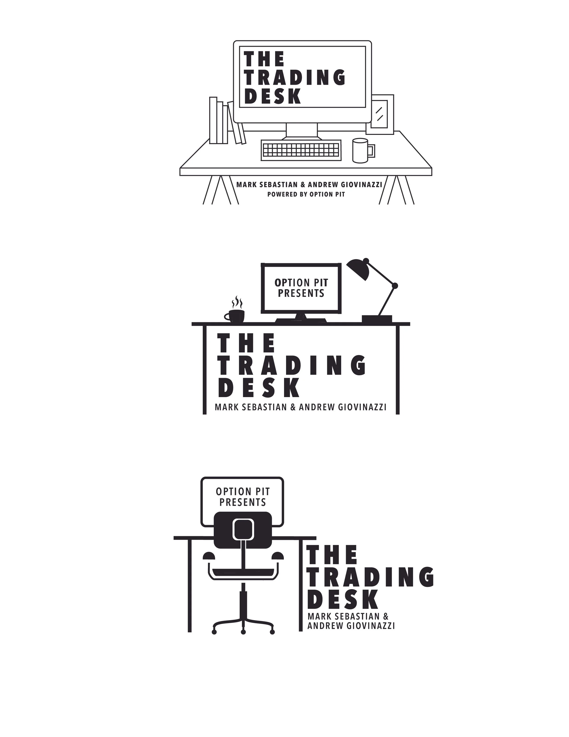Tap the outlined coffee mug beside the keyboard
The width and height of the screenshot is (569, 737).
[x=360, y=151]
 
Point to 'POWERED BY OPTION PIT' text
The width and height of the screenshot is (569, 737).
[x=306, y=195]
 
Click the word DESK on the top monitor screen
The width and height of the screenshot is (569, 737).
[x=272, y=97]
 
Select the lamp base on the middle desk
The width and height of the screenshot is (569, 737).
[x=377, y=318]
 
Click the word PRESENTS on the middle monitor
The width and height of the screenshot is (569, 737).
[x=301, y=293]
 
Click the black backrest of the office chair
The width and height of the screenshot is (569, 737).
[x=243, y=530]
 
